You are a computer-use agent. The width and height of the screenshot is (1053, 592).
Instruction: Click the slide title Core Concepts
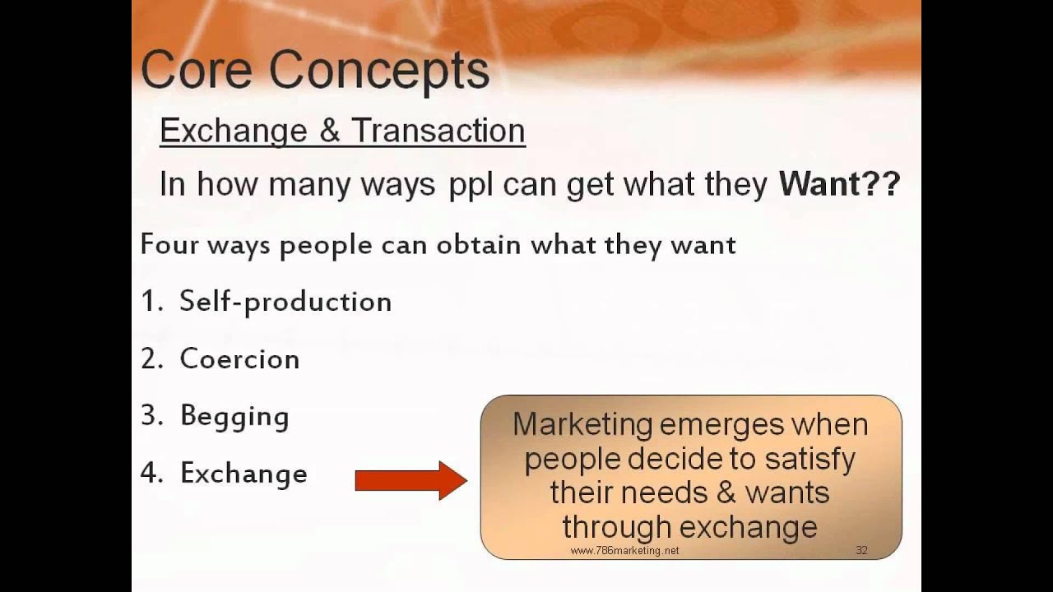[315, 71]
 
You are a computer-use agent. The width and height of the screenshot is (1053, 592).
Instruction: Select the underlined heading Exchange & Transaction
[342, 131]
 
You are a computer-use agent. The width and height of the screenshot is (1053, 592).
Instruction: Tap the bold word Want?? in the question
[839, 184]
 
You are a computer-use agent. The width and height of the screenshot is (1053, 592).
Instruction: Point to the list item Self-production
[285, 302]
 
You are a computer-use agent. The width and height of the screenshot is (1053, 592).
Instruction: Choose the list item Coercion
[239, 359]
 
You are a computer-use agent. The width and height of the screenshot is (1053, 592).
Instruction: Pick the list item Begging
[234, 417]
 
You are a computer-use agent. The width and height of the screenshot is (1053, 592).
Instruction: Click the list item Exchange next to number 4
[244, 474]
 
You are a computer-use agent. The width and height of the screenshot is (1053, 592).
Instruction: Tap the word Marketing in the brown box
[582, 425]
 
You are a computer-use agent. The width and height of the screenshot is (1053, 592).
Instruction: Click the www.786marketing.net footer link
[624, 551]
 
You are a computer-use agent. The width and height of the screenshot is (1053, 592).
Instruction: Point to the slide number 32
[861, 550]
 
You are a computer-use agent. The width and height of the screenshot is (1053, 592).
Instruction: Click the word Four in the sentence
[169, 245]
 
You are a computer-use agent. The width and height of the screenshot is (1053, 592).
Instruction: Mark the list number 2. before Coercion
[151, 359]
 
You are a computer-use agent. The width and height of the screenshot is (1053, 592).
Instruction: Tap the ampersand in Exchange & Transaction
[329, 131]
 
